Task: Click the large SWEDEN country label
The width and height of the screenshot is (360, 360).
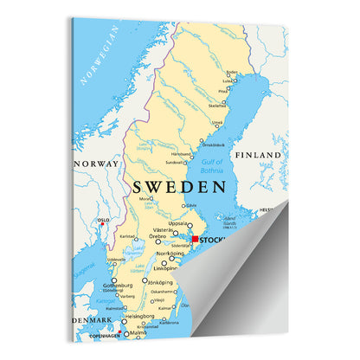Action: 179,186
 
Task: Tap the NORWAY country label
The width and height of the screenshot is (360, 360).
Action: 97,164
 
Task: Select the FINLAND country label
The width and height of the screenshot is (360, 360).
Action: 260,155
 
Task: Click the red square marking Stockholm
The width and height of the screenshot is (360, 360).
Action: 196,239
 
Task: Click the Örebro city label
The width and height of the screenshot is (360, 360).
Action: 157,236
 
